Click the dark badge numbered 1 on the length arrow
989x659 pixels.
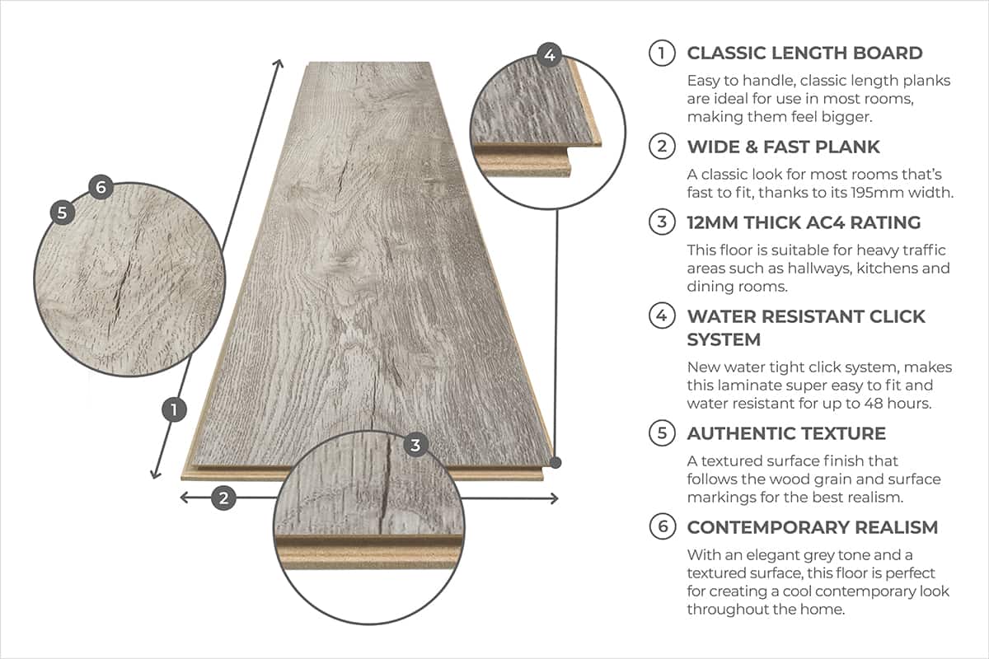(174, 409)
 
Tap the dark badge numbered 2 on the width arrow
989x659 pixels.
(223, 498)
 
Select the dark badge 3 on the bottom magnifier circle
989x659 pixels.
(415, 446)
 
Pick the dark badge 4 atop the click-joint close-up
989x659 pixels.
(550, 56)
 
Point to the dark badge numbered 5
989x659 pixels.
(62, 212)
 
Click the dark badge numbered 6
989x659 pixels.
(101, 188)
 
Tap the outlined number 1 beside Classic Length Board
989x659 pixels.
(662, 54)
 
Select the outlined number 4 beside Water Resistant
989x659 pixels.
(662, 316)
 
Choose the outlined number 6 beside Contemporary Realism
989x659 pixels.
(662, 527)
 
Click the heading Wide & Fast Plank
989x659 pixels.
(784, 147)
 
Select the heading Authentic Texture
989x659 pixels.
(786, 433)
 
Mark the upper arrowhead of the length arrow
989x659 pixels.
(280, 63)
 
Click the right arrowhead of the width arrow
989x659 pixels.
(555, 498)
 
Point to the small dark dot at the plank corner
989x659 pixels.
(557, 462)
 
